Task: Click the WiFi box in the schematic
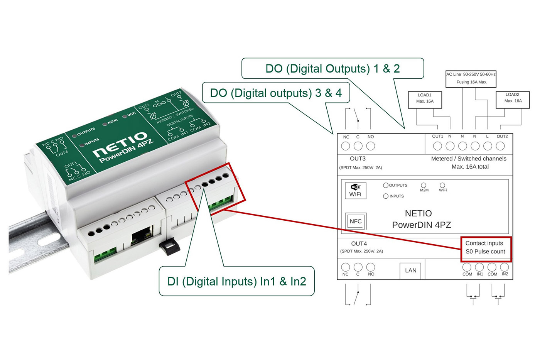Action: click(x=355, y=191)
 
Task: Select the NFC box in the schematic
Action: click(x=355, y=221)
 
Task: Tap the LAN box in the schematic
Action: click(x=410, y=270)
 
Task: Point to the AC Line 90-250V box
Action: click(x=471, y=79)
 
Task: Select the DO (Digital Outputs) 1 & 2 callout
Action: click(x=332, y=69)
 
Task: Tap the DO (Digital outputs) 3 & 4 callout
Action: click(x=276, y=93)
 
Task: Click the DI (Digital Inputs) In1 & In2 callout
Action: click(x=236, y=281)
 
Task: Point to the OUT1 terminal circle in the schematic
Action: click(x=437, y=146)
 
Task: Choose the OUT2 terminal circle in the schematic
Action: click(x=500, y=146)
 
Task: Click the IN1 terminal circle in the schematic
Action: click(x=479, y=267)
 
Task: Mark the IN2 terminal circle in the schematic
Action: click(x=505, y=267)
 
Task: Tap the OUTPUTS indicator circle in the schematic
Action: click(x=385, y=186)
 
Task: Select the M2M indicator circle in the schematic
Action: click(x=424, y=186)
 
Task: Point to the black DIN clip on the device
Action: click(x=170, y=247)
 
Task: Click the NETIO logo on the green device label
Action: click(x=120, y=144)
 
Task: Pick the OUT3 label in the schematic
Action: click(x=358, y=159)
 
